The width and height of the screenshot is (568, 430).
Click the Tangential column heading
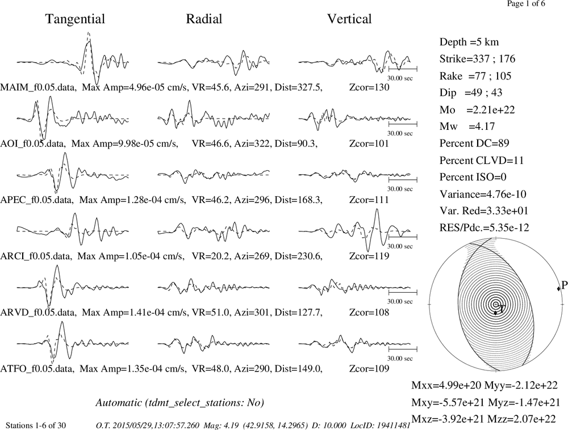(75, 19)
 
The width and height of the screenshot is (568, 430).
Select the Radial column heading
(204, 19)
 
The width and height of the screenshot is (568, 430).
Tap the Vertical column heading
(349, 19)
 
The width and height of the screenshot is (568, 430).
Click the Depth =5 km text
(469, 42)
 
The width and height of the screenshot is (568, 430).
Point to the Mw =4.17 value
(467, 126)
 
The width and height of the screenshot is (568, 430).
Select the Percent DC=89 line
(474, 143)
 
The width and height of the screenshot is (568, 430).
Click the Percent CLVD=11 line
(482, 160)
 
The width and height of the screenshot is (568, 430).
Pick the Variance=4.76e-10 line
(483, 194)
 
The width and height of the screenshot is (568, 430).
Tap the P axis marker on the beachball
(558, 288)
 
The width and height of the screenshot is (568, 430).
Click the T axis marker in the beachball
(496, 313)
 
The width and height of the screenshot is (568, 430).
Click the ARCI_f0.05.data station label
(35, 256)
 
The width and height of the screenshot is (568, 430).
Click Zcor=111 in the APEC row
(369, 200)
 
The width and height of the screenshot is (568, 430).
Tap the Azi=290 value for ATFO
(253, 369)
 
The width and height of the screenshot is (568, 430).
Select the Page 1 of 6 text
(526, 3)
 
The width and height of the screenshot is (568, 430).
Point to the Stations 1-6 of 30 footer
(36, 425)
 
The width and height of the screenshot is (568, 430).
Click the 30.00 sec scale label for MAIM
(400, 78)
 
